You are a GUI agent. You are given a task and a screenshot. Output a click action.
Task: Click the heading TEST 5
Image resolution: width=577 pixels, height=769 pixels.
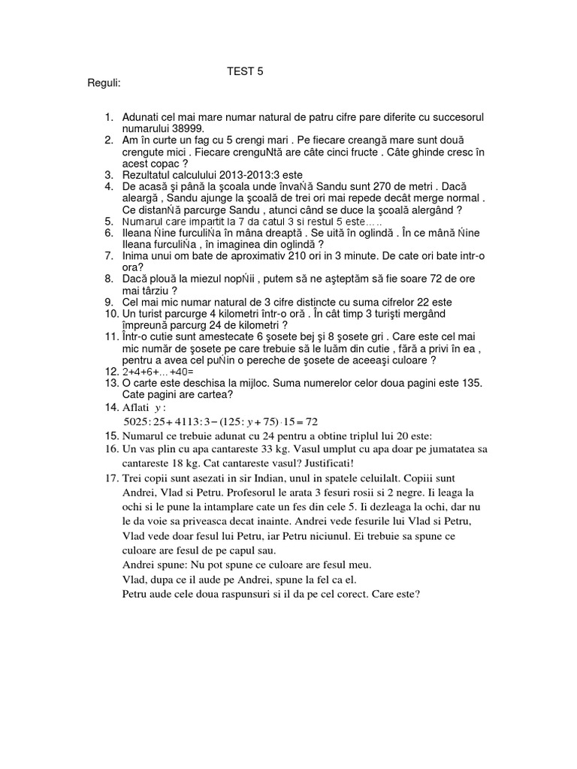pos(246,72)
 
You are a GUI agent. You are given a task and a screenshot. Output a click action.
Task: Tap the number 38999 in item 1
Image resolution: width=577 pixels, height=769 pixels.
pos(189,128)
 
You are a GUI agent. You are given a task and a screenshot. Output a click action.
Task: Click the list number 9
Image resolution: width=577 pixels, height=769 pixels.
pos(109,302)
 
